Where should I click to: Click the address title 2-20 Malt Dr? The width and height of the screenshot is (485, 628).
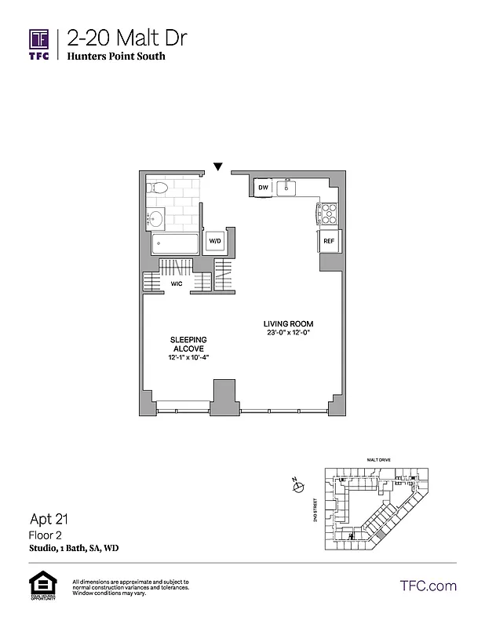tap(126, 38)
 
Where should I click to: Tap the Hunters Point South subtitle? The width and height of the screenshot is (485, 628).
tap(116, 57)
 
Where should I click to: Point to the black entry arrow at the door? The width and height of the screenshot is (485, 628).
tap(218, 166)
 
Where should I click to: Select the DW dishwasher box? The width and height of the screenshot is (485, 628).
tap(264, 188)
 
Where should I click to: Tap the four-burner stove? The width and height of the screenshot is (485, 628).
tap(327, 213)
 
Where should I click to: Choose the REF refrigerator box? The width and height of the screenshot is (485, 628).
tap(329, 242)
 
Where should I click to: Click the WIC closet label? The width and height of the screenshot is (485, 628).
tap(177, 283)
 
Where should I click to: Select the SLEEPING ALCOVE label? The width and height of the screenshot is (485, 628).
tap(188, 343)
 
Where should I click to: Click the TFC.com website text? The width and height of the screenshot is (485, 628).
tap(428, 586)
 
